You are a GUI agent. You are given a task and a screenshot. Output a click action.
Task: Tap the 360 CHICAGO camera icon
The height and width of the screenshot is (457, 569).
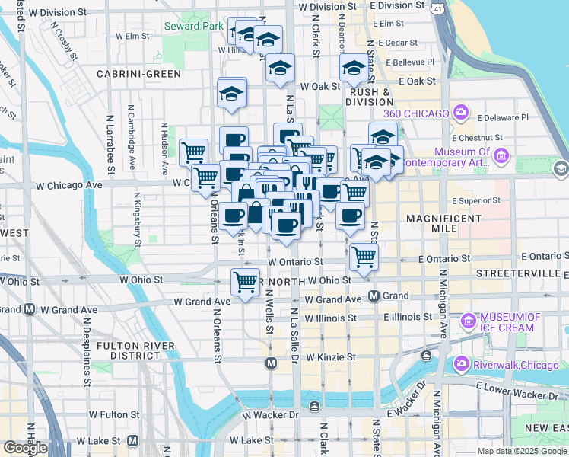pyautogui.click(x=460, y=113)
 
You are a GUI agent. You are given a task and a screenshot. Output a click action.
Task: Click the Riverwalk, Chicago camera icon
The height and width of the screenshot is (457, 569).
pyautogui.click(x=460, y=364)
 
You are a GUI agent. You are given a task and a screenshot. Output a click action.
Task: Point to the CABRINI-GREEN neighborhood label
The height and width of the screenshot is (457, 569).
pyautogui.click(x=138, y=74)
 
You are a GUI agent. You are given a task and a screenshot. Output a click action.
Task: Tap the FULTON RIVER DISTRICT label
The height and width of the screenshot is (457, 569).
pyautogui.click(x=136, y=351)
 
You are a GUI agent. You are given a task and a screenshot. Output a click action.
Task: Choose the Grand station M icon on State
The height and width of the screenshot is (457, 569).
pyautogui.click(x=374, y=296)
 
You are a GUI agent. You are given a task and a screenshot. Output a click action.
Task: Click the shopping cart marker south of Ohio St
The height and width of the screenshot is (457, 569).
pyautogui.click(x=245, y=283)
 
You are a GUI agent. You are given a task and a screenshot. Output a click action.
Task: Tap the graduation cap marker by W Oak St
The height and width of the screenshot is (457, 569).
pyautogui.click(x=353, y=70)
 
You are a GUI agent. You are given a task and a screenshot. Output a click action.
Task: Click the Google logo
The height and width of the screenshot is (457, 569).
pyautogui.click(x=25, y=448)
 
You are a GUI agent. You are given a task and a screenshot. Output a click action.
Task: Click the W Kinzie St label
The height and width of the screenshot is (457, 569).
pyautogui.click(x=331, y=356)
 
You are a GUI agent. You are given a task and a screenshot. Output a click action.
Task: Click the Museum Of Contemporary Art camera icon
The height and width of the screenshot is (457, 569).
pyautogui.click(x=501, y=157)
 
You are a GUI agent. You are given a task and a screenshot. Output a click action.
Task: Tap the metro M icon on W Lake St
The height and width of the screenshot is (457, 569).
pyautogui.click(x=132, y=440)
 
